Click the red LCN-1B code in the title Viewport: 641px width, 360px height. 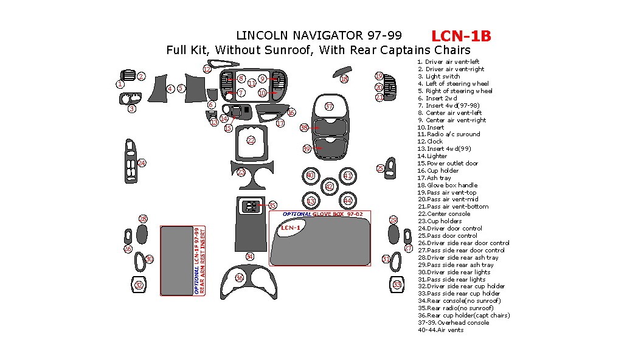click(460, 36)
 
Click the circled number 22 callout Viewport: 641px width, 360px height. click(251, 140)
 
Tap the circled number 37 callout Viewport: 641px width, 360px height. click(329, 106)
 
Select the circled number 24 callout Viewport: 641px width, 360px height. click(142, 163)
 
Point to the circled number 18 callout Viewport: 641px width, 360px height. click(344, 79)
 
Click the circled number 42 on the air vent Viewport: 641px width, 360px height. click(329, 187)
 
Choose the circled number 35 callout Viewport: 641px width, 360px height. click(272, 206)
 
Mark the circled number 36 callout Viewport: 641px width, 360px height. click(240, 278)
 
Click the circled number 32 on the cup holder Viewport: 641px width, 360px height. click(139, 285)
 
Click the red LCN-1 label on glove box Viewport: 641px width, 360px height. click(291, 228)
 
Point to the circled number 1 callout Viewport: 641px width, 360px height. click(120, 85)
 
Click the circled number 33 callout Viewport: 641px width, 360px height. click(397, 285)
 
